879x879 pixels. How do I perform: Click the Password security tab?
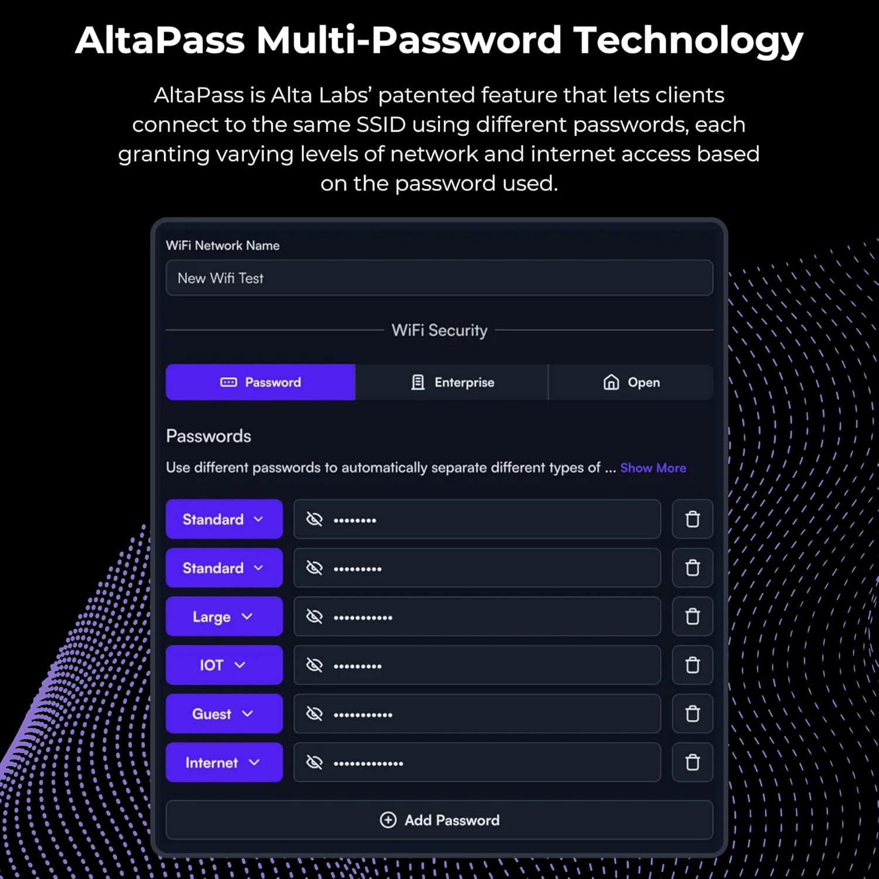point(261,383)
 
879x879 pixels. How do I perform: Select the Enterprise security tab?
point(452,383)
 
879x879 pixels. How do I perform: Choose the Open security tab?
point(631,383)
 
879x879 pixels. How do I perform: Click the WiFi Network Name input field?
point(439,278)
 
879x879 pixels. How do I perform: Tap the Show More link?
point(653,468)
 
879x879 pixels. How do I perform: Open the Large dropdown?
point(224,616)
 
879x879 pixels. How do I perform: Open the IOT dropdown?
point(224,665)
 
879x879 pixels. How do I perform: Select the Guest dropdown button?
point(224,714)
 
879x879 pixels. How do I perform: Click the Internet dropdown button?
point(224,762)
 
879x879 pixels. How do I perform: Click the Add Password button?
point(439,820)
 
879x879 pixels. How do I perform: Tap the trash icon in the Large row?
point(693,616)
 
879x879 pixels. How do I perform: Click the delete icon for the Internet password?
point(693,762)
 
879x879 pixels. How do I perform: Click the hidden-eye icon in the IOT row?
point(315,665)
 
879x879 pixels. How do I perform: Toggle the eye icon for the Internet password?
point(315,762)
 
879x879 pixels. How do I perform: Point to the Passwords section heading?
point(209,436)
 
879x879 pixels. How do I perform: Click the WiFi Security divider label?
point(439,331)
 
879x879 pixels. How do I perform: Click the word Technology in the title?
point(688,41)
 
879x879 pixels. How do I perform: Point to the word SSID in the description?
point(381,125)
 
